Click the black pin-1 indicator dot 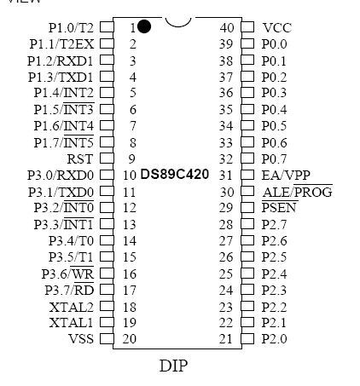[144, 26]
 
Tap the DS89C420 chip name [175, 174]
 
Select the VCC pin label [277, 28]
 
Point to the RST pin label [80, 159]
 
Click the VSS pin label [81, 339]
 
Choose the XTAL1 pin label [71, 323]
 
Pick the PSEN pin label [279, 207]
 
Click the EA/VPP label [286, 176]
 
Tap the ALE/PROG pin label [297, 192]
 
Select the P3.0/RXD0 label [61, 176]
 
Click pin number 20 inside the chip [130, 339]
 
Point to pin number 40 [227, 28]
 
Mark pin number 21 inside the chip [226, 339]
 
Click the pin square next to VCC [247, 27]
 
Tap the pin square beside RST [107, 158]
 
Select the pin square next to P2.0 [247, 338]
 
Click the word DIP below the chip [173, 366]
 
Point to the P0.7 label [274, 159]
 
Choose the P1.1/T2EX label [61, 44]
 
